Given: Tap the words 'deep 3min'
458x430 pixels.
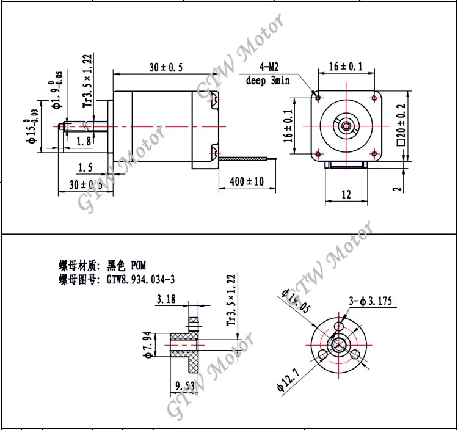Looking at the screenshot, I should click(267, 81).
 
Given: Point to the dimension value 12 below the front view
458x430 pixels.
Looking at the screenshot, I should click(346, 195).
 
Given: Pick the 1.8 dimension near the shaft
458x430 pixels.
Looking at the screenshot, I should click(85, 141).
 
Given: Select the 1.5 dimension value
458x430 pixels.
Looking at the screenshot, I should click(85, 167).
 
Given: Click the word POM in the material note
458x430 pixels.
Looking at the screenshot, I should click(139, 266).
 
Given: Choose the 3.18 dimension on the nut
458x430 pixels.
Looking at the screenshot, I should click(166, 299).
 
